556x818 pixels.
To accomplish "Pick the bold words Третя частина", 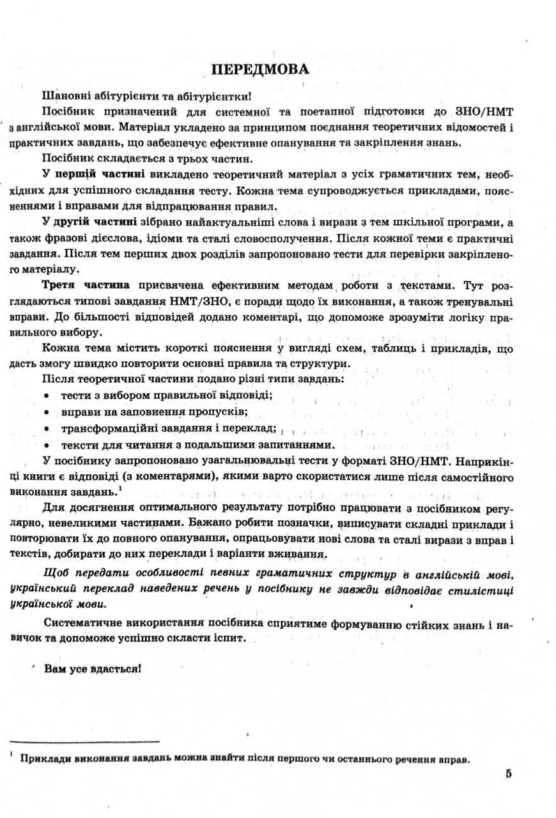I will click(87, 284).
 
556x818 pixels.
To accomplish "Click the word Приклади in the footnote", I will click(45, 759).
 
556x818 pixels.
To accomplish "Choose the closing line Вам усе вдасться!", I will click(92, 668).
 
